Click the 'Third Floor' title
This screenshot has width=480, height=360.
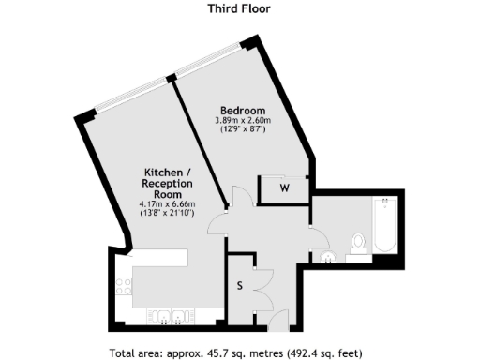pyautogui.click(x=239, y=9)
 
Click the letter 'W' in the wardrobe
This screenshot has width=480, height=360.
pyautogui.click(x=284, y=189)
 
